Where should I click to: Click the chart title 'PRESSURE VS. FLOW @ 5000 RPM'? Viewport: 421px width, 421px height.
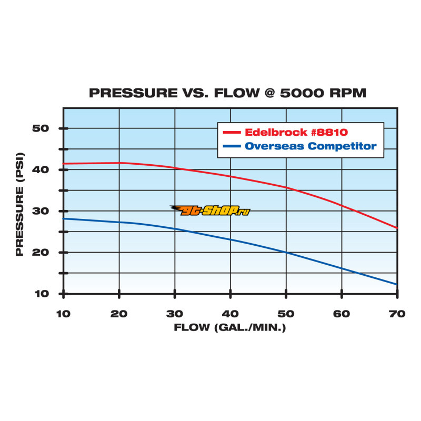(227, 93)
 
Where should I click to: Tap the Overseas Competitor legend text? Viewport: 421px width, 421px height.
(310, 146)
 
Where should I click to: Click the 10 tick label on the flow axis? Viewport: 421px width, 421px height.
(63, 313)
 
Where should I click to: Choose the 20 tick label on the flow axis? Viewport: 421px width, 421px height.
(119, 313)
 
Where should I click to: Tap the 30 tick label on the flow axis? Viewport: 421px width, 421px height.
(175, 313)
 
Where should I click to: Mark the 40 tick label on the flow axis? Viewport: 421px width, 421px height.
(230, 313)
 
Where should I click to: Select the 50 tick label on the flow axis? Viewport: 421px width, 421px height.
(286, 313)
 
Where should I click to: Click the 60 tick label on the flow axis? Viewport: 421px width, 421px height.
(342, 313)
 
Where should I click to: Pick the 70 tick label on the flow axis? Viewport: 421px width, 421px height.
(397, 313)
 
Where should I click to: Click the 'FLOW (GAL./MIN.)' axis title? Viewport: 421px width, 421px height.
(230, 327)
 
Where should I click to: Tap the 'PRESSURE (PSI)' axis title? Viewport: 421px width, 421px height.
(19, 210)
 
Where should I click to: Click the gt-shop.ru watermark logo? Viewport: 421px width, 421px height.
(210, 210)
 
